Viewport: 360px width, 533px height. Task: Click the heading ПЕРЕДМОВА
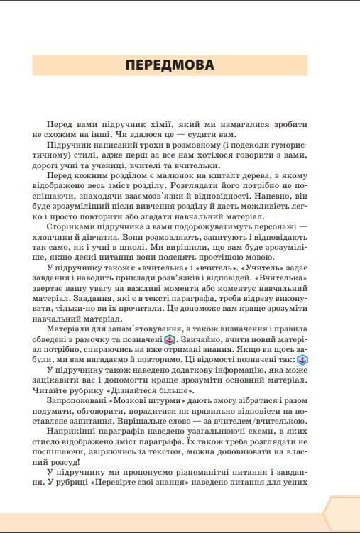pyautogui.click(x=169, y=65)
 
